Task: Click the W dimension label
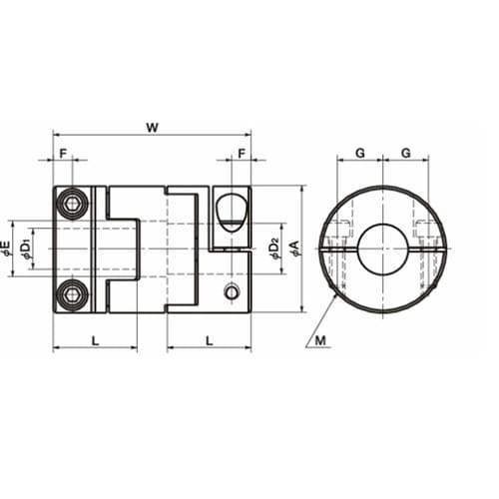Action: click(x=153, y=128)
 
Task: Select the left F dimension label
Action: click(x=63, y=154)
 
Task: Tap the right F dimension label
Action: click(x=242, y=154)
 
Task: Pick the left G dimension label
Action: click(x=360, y=153)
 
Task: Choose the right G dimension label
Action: click(x=406, y=153)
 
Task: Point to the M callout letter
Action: click(x=320, y=340)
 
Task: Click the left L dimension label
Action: click(x=95, y=340)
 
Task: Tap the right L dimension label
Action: click(x=209, y=340)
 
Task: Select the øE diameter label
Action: click(x=7, y=249)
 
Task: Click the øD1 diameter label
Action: click(x=26, y=249)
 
